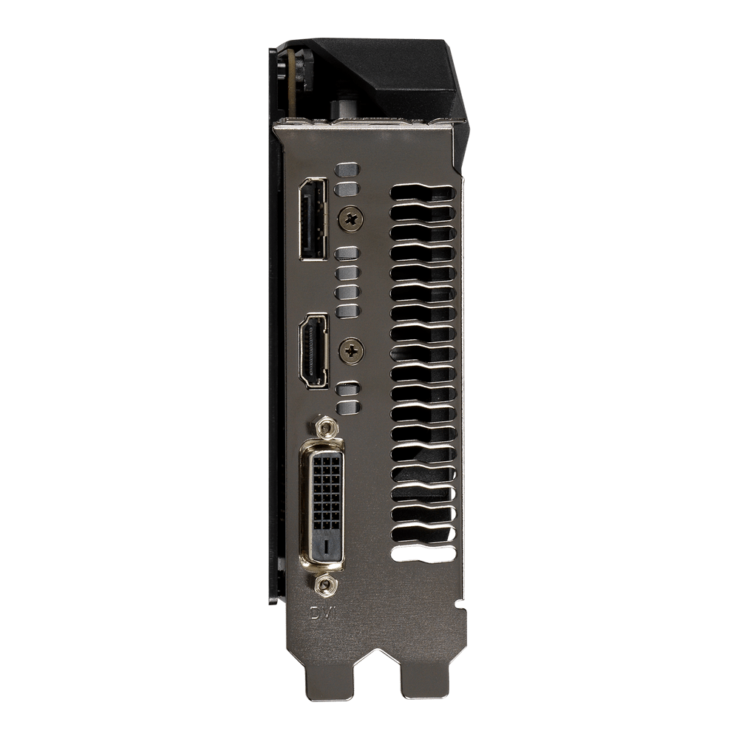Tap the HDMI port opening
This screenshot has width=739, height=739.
(x=313, y=350)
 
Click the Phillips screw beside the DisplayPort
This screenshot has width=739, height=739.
(x=352, y=218)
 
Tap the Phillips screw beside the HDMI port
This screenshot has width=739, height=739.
(x=352, y=350)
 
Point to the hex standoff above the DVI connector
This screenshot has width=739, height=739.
(x=325, y=428)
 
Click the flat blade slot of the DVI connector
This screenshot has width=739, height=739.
(x=327, y=546)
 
